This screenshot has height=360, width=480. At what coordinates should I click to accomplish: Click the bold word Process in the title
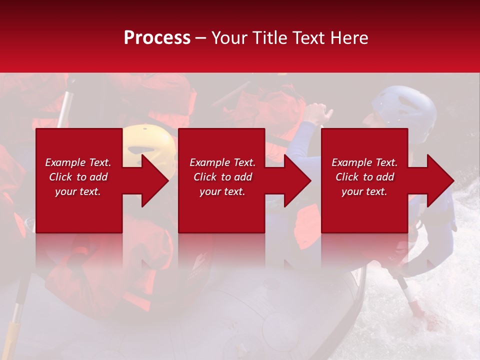(157, 38)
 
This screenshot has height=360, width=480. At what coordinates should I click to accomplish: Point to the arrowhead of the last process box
(439, 180)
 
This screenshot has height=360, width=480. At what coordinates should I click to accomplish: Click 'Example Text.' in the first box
(78, 162)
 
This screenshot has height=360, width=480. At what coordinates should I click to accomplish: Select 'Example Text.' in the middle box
(222, 162)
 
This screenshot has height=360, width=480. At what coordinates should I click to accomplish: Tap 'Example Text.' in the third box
(364, 162)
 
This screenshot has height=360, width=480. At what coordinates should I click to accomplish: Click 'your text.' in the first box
(78, 191)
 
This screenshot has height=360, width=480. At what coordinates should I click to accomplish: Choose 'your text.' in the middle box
(222, 191)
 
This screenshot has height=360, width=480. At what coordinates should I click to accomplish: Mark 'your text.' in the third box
(364, 191)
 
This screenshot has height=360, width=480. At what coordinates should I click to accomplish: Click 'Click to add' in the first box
(78, 177)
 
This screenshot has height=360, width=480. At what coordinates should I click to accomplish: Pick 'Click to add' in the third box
(364, 177)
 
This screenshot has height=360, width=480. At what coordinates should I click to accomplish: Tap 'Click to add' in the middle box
(222, 177)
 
